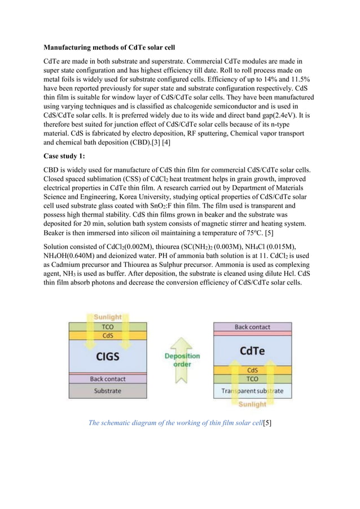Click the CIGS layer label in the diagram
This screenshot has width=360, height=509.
click(x=107, y=357)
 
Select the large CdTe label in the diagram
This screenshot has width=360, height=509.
click(x=252, y=351)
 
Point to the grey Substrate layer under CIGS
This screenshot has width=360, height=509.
click(x=107, y=390)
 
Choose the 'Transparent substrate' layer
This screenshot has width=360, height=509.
click(x=252, y=390)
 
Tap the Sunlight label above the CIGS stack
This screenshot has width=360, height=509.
click(x=107, y=317)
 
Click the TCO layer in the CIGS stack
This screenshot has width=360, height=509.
click(x=107, y=327)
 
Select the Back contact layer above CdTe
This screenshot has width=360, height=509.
click(x=252, y=327)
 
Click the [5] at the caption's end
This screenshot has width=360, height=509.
click(x=266, y=423)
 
